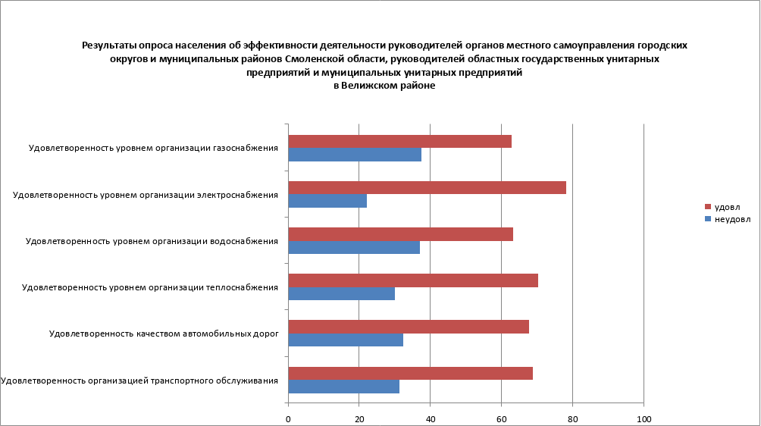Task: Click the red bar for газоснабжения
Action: point(399,142)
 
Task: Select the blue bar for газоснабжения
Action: point(355,155)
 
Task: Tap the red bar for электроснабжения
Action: point(427,188)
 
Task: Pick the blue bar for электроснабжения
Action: point(327,202)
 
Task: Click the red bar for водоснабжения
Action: point(400,234)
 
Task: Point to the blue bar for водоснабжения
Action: point(354,248)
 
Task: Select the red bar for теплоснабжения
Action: point(413,280)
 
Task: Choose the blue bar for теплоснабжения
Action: point(341,294)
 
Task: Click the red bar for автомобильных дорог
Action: point(409,327)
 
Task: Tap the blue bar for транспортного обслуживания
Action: point(343,387)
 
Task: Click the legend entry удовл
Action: point(727,207)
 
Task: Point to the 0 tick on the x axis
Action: point(288,419)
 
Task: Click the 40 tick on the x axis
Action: point(430,419)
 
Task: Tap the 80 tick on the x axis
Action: point(572,419)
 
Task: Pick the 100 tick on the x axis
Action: point(644,419)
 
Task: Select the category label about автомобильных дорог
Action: point(164,334)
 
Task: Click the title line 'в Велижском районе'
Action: point(384,86)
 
